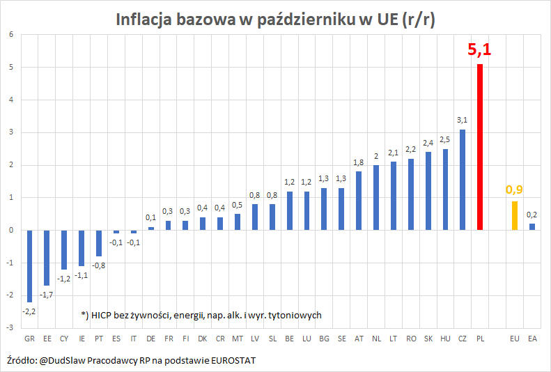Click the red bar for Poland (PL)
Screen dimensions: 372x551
(480, 147)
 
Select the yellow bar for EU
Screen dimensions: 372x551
(514, 215)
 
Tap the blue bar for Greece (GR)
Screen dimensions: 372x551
(30, 265)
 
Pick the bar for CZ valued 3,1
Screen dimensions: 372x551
(463, 180)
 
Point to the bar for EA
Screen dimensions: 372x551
(532, 226)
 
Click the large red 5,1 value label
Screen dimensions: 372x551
(479, 49)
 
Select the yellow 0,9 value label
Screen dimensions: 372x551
(514, 189)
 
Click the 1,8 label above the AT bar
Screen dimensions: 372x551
(359, 162)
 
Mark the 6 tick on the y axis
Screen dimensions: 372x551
(11, 35)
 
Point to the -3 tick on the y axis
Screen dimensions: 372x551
(10, 327)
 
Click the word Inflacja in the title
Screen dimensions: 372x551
(147, 20)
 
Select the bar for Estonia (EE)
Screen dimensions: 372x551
(47, 257)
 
